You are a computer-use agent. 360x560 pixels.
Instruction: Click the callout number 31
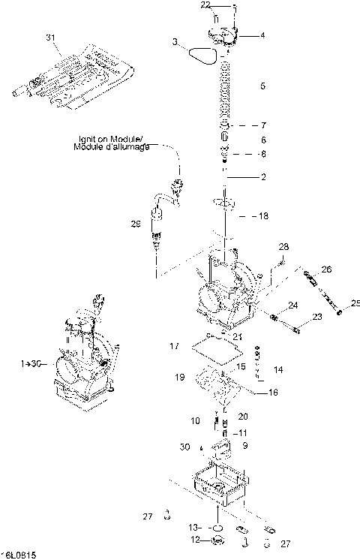click(51, 37)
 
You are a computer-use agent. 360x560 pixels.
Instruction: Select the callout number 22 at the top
click(205, 5)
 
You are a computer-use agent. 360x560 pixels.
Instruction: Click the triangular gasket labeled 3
click(202, 53)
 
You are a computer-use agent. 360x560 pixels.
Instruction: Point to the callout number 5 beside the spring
click(262, 86)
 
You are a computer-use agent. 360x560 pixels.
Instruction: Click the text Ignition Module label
click(112, 143)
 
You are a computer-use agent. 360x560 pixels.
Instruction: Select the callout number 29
click(135, 224)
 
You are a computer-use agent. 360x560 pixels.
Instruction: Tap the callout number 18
click(263, 216)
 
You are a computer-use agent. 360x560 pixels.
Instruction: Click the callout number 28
click(283, 247)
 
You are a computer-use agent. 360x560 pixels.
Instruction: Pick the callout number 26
click(325, 269)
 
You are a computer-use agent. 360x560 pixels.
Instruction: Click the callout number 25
click(355, 304)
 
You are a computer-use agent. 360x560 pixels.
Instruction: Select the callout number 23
click(317, 318)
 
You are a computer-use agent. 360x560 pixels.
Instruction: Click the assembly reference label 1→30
click(31, 363)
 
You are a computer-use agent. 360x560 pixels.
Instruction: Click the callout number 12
click(194, 539)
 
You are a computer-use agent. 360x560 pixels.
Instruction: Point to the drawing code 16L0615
click(20, 555)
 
